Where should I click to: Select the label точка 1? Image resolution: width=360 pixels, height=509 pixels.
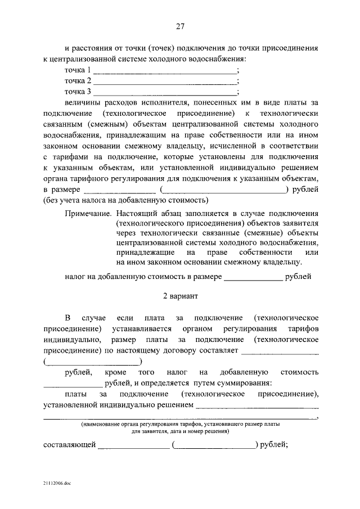point(78,71)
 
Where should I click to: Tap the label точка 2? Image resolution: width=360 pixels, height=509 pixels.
point(78,82)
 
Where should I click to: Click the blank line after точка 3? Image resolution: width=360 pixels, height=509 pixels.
point(165,92)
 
